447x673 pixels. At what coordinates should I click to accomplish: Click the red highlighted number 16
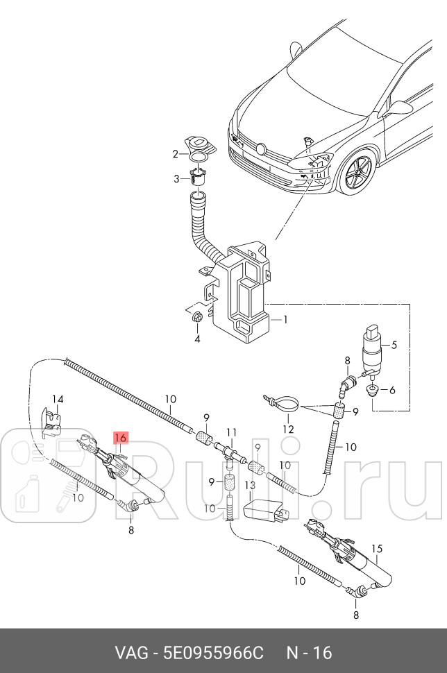(121, 438)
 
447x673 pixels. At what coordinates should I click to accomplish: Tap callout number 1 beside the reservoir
(283, 321)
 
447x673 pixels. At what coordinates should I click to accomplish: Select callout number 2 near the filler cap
(176, 178)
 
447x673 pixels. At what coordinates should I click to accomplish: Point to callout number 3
(197, 339)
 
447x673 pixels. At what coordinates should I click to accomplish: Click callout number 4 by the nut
(394, 345)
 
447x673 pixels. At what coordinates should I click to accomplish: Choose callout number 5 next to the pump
(392, 390)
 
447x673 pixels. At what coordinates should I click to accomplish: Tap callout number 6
(392, 390)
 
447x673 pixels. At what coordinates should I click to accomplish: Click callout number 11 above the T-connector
(232, 432)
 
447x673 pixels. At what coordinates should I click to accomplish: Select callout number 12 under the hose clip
(289, 429)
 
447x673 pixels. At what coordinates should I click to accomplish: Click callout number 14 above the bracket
(58, 399)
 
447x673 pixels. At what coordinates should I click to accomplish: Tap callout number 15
(377, 549)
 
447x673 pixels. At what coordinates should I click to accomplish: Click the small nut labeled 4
(196, 318)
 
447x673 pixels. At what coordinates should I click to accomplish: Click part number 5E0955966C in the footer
(213, 653)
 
